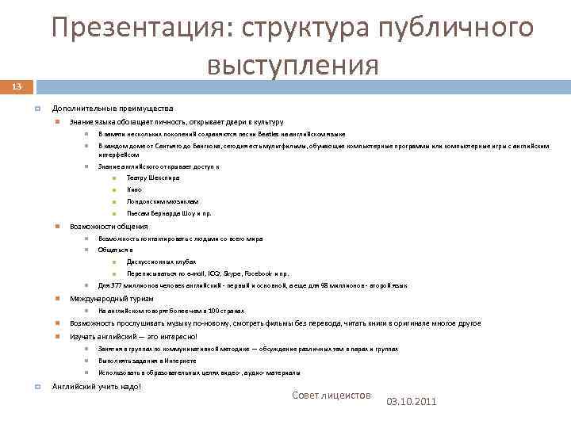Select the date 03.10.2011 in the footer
pyautogui.click(x=411, y=402)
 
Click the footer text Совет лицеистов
pyautogui.click(x=331, y=395)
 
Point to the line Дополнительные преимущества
pyautogui.click(x=112, y=108)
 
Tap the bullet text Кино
pyautogui.click(x=134, y=189)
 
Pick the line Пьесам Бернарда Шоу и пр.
pyautogui.click(x=168, y=213)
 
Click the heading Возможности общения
pyautogui.click(x=109, y=226)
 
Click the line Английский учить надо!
pyautogui.click(x=97, y=386)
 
